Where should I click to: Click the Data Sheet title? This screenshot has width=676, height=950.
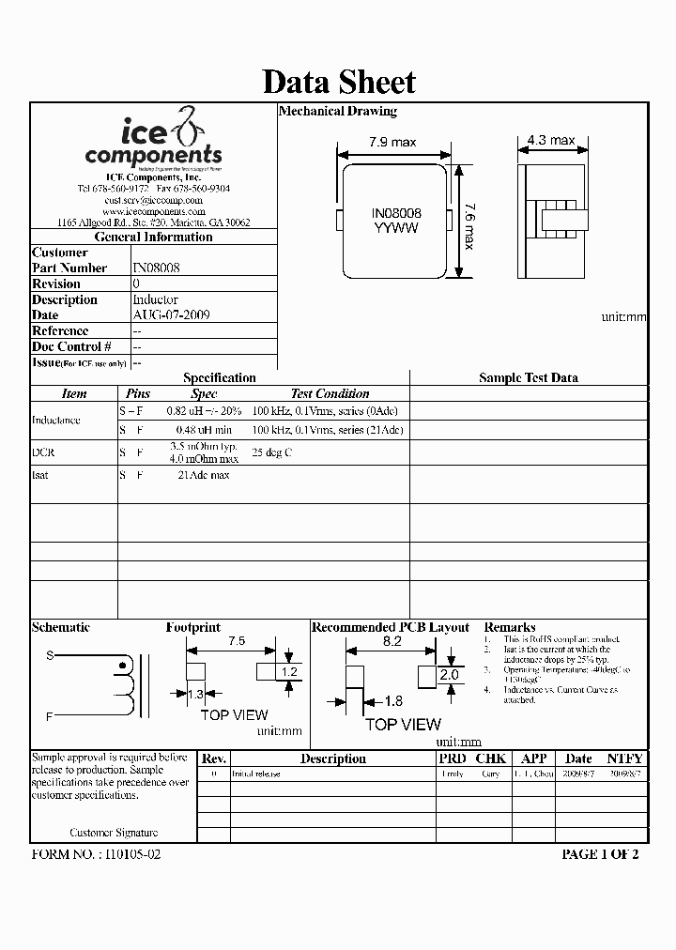338,82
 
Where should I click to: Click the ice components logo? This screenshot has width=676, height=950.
153,141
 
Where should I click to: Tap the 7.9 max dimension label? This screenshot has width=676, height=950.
391,143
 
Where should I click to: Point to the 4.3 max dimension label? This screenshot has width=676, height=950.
551,140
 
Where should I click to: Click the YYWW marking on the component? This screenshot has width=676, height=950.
395,228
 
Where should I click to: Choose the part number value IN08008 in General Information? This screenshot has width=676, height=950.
157,268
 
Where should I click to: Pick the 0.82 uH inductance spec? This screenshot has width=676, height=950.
204,411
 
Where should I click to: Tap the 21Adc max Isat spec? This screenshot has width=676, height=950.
204,475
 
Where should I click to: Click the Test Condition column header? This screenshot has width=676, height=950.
330,394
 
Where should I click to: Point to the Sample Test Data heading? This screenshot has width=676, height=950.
529,377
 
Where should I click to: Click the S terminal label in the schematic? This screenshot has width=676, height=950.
50,656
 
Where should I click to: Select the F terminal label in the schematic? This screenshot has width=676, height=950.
50,716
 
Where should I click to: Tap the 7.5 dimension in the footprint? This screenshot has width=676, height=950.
238,641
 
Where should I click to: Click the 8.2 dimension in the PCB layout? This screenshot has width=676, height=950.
392,641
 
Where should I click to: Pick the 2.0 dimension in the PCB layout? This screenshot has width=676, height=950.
449,675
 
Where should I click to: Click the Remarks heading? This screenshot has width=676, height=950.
510,627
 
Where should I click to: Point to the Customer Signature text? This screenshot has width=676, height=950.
114,833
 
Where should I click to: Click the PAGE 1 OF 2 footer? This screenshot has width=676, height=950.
600,854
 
